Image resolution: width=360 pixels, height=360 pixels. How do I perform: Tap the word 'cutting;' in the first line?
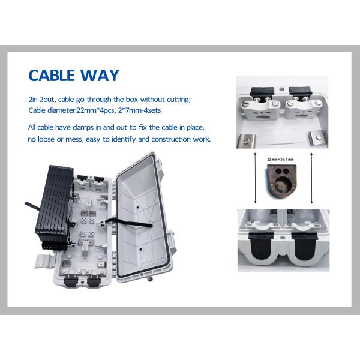(179, 100)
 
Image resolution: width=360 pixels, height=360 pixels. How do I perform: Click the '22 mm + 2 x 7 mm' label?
(280, 159)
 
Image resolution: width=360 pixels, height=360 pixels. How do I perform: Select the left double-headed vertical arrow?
(256, 178)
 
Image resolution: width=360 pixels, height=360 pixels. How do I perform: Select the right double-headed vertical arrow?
(311, 178)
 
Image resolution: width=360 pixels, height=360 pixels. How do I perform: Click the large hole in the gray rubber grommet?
(281, 185)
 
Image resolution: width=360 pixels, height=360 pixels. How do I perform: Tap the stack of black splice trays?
(55, 206)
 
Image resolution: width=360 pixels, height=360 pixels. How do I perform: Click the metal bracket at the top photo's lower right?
(318, 137)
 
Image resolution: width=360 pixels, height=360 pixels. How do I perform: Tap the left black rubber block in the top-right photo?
(262, 92)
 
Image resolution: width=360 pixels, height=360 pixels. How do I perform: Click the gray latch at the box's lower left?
(45, 261)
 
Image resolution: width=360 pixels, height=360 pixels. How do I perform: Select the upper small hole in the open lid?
(137, 208)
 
